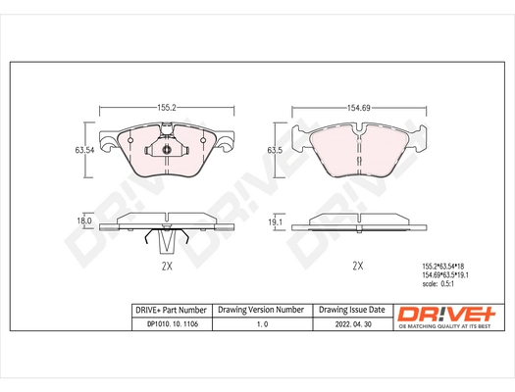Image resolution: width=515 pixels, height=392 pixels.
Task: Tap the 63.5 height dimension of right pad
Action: pyautogui.click(x=277, y=151)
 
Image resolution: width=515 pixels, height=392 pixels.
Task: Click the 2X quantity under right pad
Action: pyautogui.click(x=358, y=265)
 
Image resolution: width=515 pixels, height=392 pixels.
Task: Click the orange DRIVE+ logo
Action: pyautogui.click(x=446, y=314)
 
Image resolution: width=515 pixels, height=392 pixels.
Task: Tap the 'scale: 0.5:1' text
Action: pyautogui.click(x=439, y=285)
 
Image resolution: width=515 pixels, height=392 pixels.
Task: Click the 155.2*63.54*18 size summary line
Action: pyautogui.click(x=444, y=266)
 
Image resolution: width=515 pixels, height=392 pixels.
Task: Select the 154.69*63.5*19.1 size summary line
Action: pyautogui.click(x=445, y=275)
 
